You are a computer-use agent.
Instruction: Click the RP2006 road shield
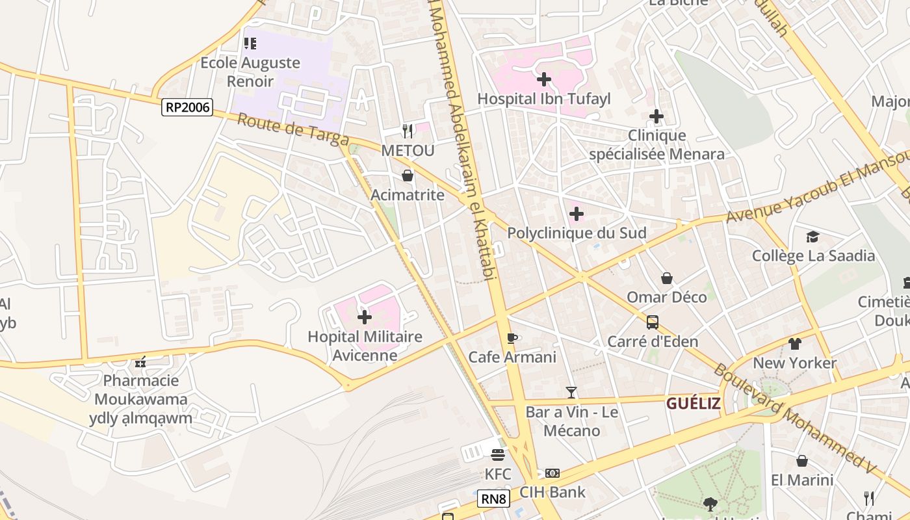[x=187, y=107]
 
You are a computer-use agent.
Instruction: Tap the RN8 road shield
[x=493, y=499]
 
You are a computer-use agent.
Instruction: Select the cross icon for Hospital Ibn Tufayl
[x=544, y=79]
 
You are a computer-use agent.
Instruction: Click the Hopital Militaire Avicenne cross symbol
[x=365, y=317]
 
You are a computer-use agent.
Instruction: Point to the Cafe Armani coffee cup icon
[x=512, y=338]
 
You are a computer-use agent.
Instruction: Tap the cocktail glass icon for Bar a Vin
[x=571, y=392]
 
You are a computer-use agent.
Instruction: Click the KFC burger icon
[x=498, y=455]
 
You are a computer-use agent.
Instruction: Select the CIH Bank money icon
[x=552, y=473]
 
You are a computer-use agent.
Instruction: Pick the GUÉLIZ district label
[x=693, y=404]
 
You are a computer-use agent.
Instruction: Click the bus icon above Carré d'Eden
[x=653, y=322]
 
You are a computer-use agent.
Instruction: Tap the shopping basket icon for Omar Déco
[x=667, y=278]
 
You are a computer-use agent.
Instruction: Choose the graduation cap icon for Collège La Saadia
[x=812, y=237]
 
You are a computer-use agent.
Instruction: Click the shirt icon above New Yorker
[x=795, y=344]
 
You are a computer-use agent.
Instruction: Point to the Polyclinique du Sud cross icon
[x=576, y=214]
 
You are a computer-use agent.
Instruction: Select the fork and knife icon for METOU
[x=408, y=131]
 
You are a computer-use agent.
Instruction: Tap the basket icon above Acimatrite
[x=408, y=175]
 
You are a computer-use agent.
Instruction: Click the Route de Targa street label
[x=292, y=129]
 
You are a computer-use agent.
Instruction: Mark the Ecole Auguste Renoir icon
[x=250, y=44]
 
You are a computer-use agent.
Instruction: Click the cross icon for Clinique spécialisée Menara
[x=656, y=116]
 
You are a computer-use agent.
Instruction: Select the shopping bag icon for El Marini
[x=802, y=461]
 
